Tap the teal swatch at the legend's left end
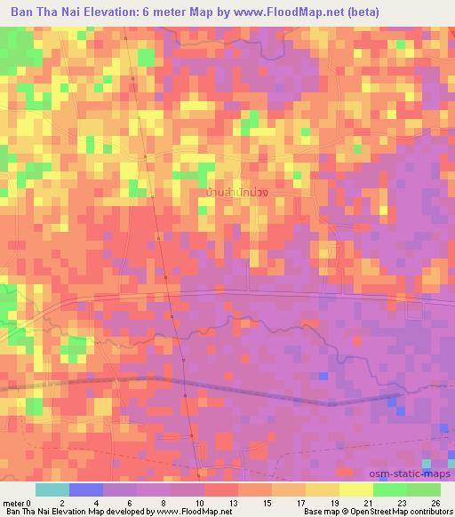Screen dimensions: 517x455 pyautogui.click(x=52, y=489)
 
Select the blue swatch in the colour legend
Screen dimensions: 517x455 pyautogui.click(x=86, y=489)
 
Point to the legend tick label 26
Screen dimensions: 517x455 pyautogui.click(x=435, y=502)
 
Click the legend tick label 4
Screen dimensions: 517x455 pyautogui.click(x=93, y=502)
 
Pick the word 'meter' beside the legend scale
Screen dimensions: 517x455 pyautogui.click(x=14, y=502)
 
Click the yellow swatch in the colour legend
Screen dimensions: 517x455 pyautogui.click(x=356, y=489)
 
